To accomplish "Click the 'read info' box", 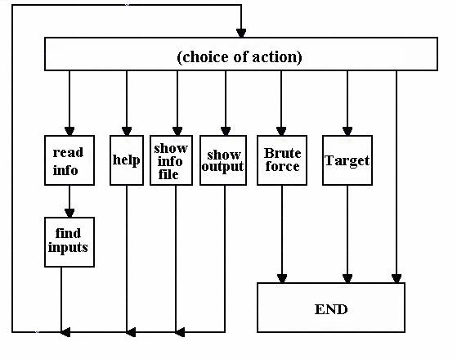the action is pos(69,160).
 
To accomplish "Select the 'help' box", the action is pos(127,160).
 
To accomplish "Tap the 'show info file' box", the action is pos(171,160).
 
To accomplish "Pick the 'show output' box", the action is pos(223,160).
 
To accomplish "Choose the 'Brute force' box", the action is pos(282,160).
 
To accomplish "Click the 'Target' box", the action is pos(347,160).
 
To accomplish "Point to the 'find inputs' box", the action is pos(69,242).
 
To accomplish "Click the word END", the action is pos(331,309).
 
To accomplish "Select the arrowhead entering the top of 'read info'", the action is pos(69,131).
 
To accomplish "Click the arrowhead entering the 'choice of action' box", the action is pos(241,34).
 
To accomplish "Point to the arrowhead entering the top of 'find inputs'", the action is pos(69,214).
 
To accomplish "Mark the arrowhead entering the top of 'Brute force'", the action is pos(281,131).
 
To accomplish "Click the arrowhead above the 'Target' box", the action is pos(347,131).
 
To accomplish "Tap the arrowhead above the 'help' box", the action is pos(127,131).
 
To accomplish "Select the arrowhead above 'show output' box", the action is pos(226,131).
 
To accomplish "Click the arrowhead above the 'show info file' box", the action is pos(177,131).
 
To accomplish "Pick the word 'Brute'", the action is pos(282,153).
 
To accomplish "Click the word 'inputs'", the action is pos(68,248).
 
